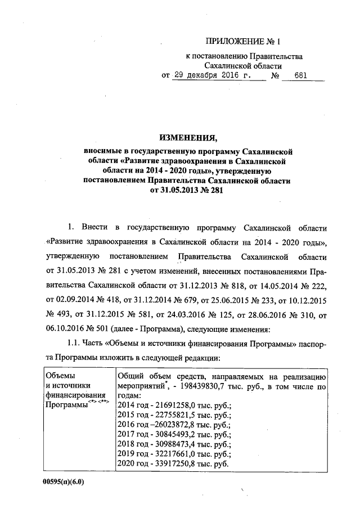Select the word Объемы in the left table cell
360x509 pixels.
(x=59, y=376)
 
